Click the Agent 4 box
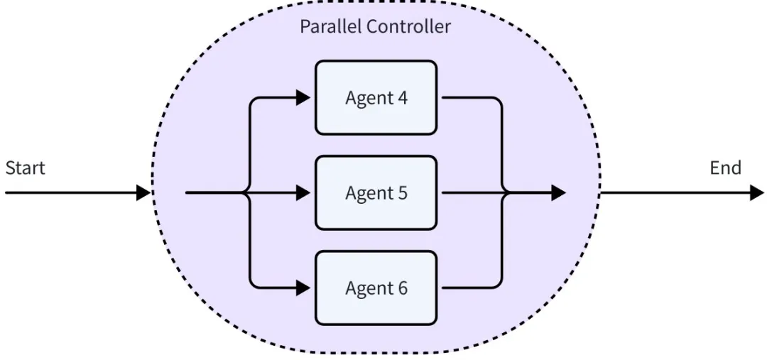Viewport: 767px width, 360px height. click(x=376, y=97)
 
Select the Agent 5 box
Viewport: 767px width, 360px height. click(x=376, y=192)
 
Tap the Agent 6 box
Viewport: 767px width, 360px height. click(x=376, y=288)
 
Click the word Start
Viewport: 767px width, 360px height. click(x=25, y=168)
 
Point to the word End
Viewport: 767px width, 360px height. click(x=725, y=168)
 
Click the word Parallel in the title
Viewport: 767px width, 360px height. click(x=330, y=27)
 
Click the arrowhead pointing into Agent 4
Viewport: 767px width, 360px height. click(x=303, y=97)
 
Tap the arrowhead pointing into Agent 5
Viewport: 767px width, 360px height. click(x=303, y=192)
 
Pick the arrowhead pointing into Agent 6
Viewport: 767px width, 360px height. click(x=303, y=288)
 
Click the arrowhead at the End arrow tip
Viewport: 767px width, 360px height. click(x=757, y=192)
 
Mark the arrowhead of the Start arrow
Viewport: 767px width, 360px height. click(x=143, y=192)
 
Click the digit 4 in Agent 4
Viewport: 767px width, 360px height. click(x=402, y=97)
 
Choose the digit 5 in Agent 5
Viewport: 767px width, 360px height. click(x=402, y=192)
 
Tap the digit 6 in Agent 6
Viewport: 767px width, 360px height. click(x=402, y=288)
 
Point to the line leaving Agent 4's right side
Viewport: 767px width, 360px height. click(x=469, y=97)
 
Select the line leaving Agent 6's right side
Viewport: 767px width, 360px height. click(x=469, y=288)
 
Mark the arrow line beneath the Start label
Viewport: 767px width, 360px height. click(x=71, y=192)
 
